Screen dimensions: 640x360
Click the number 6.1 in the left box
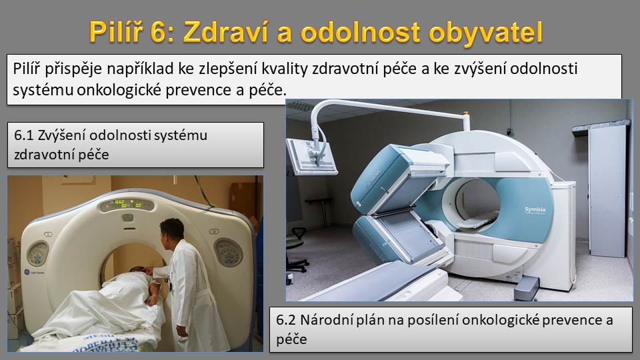click(x=24, y=135)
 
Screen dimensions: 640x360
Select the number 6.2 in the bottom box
click(x=286, y=319)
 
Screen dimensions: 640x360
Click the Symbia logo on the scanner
click(x=535, y=210)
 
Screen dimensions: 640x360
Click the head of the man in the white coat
click(x=171, y=232)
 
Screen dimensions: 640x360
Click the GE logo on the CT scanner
click(x=26, y=271)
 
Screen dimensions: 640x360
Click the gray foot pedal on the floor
click(x=526, y=288)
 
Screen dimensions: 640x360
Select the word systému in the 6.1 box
click(x=184, y=135)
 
